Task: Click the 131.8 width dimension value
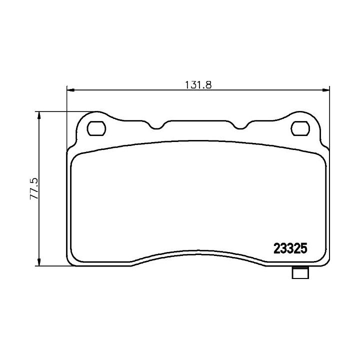pyautogui.click(x=198, y=84)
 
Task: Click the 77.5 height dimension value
pyautogui.click(x=34, y=188)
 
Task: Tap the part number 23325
pyautogui.click(x=290, y=248)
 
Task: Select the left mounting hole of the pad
pyautogui.click(x=96, y=128)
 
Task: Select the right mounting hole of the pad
pyautogui.click(x=300, y=128)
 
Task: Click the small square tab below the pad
pyautogui.click(x=300, y=273)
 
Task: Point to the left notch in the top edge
pyautogui.click(x=157, y=126)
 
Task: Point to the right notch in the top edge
pyautogui.click(x=240, y=126)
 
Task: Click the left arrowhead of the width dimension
pyautogui.click(x=70, y=90)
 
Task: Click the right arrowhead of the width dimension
pyautogui.click(x=325, y=90)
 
